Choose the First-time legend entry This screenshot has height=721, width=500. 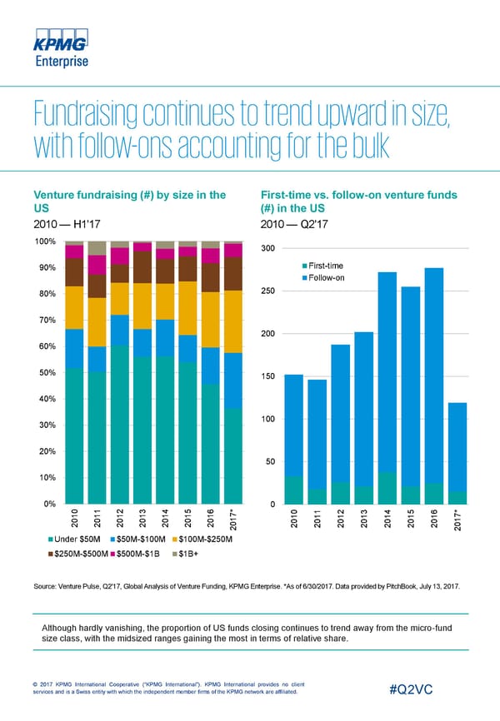click(326, 265)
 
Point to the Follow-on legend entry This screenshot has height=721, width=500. click(326, 277)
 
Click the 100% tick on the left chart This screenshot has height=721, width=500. click(43, 241)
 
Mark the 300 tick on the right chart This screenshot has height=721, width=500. click(267, 249)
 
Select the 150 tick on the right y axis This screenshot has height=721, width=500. click(267, 377)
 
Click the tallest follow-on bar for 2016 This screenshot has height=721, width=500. click(433, 375)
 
